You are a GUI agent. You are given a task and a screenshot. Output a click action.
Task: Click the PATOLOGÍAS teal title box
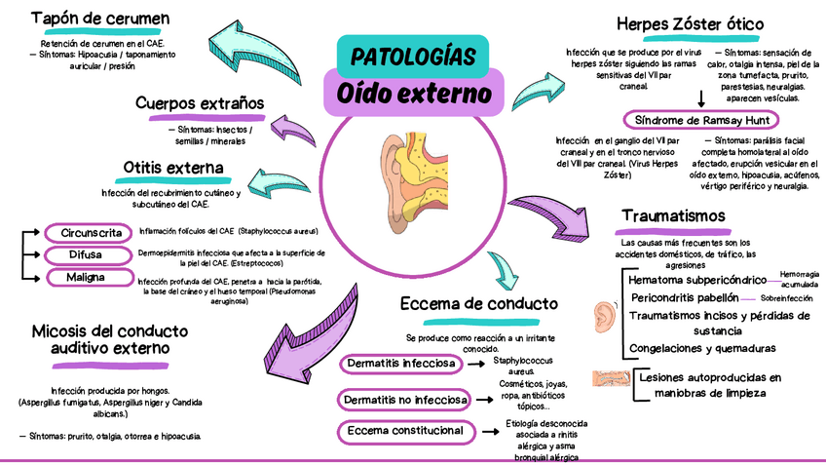pos(412,55)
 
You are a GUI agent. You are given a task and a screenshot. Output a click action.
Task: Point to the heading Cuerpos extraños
pos(200,103)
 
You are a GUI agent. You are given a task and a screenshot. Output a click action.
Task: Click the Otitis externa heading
pos(173,169)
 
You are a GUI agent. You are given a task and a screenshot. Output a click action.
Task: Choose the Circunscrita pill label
pos(90,233)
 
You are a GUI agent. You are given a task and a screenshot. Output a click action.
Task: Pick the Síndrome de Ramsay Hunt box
pos(701,120)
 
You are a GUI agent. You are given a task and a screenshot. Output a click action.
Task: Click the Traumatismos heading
pos(673,214)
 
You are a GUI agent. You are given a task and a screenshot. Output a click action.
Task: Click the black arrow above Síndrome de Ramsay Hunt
pos(701,98)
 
